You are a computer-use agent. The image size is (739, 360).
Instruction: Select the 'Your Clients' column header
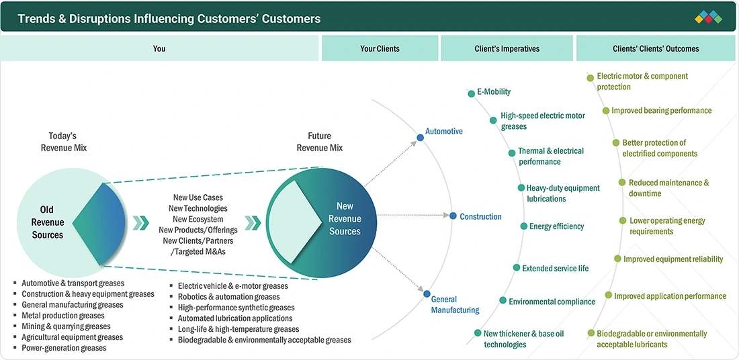pos(380,48)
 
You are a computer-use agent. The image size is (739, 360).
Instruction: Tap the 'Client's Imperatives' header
pos(507,48)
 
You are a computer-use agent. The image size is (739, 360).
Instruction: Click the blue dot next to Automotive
pos(420,138)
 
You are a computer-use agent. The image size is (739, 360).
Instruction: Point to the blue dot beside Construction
pos(453,216)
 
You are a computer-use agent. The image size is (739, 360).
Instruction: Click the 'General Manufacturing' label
pos(455,304)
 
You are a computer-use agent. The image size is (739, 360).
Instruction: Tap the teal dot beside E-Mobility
pos(471,93)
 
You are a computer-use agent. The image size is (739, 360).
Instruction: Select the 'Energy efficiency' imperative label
pos(557,226)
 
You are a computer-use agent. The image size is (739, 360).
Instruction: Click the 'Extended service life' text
pos(555,268)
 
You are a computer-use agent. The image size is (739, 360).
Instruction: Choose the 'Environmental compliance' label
pos(552,301)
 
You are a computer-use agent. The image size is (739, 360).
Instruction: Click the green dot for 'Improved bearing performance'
pos(605,110)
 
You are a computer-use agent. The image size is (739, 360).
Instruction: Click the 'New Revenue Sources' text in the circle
pos(345,219)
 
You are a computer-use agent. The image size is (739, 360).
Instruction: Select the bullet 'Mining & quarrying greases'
pos(66,326)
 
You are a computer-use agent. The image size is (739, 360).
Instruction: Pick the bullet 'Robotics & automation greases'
pos(228,297)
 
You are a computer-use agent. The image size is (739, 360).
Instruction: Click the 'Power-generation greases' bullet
pos(64,348)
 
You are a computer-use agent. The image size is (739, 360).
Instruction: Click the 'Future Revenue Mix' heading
pos(320,142)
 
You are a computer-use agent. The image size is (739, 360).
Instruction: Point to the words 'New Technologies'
pos(198,208)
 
